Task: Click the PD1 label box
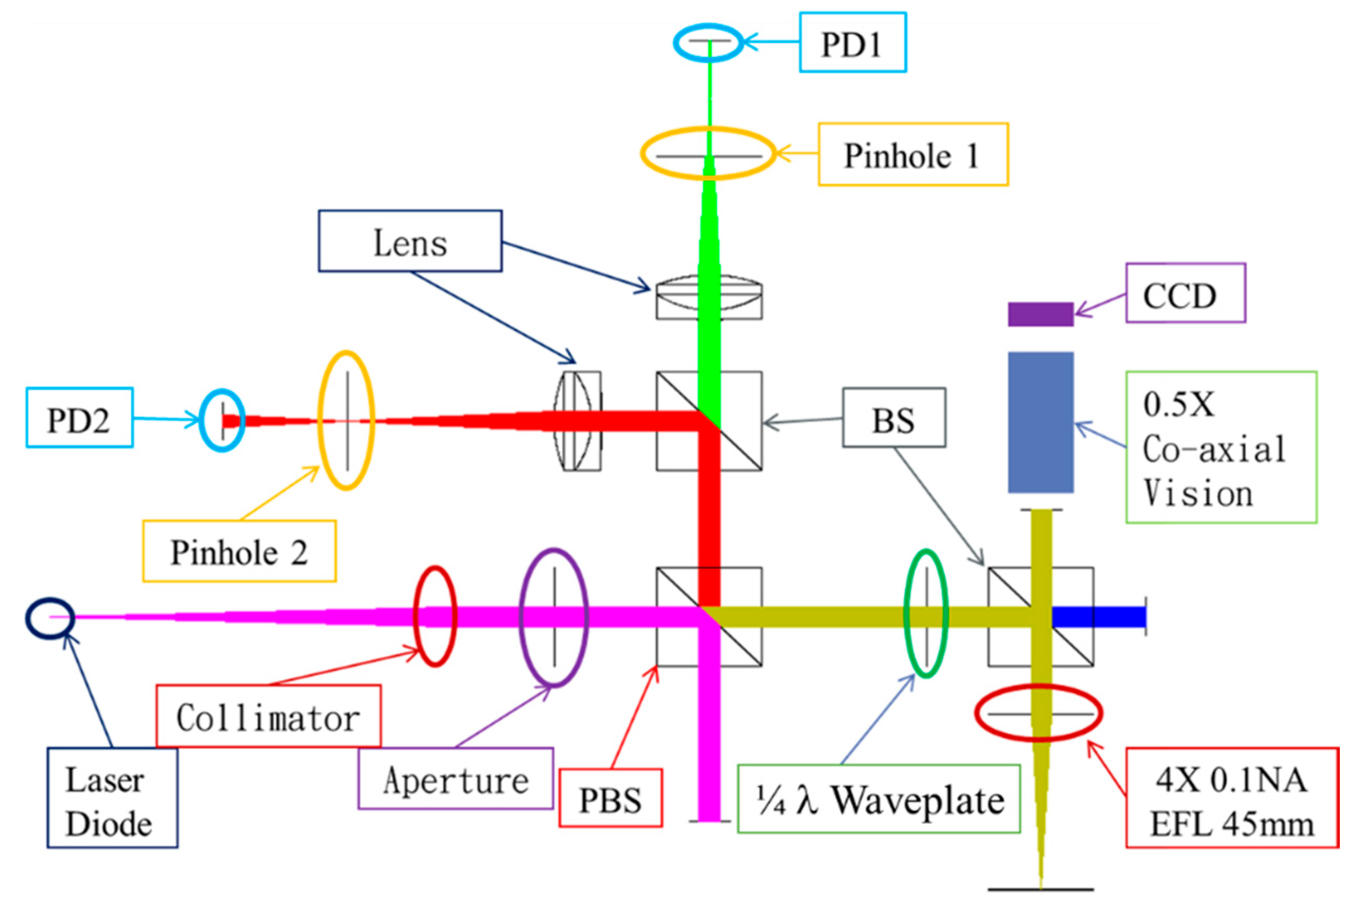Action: click(852, 43)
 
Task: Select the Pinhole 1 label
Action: click(912, 154)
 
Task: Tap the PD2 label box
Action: click(80, 417)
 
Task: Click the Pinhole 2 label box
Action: click(239, 551)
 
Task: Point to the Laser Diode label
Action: click(112, 798)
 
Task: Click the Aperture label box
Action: click(455, 779)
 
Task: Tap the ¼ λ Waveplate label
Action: click(878, 799)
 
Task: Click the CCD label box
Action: click(1185, 293)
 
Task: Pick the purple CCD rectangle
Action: click(1040, 314)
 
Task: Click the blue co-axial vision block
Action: click(1040, 422)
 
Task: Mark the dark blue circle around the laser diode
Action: click(50, 617)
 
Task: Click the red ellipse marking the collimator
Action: click(436, 617)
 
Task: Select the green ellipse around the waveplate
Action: click(925, 614)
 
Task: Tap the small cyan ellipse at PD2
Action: click(222, 420)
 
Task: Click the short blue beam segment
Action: click(1099, 617)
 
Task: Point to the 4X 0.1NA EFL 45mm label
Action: click(1231, 798)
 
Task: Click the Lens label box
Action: click(410, 241)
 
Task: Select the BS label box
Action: click(893, 417)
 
